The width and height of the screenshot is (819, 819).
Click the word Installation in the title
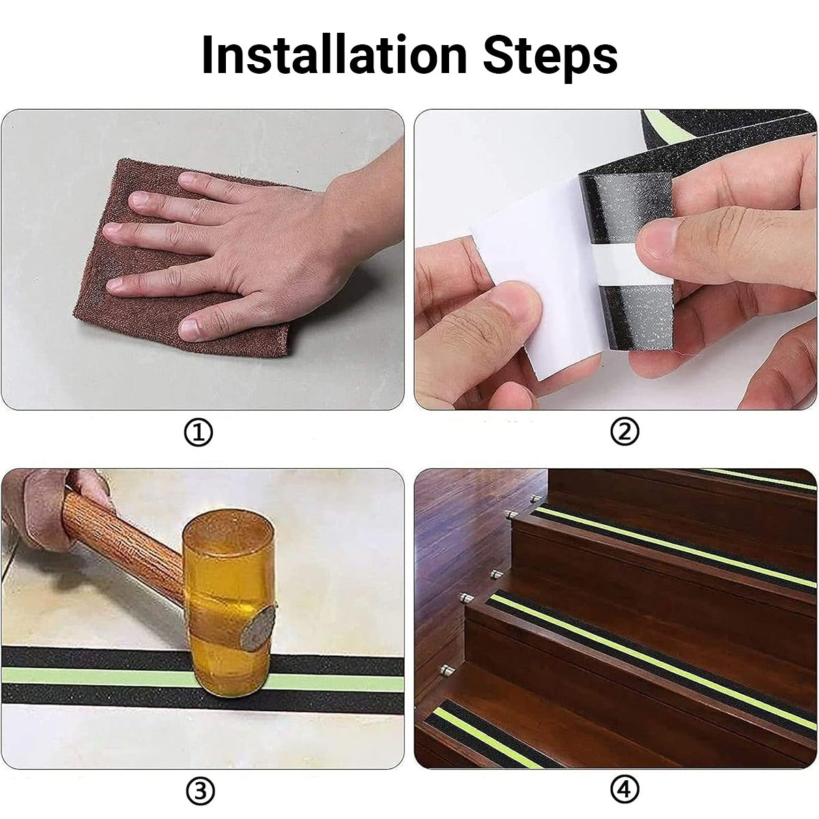pos(334,55)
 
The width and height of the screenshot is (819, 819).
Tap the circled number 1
pos(198,433)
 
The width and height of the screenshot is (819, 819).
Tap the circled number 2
pos(624,432)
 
